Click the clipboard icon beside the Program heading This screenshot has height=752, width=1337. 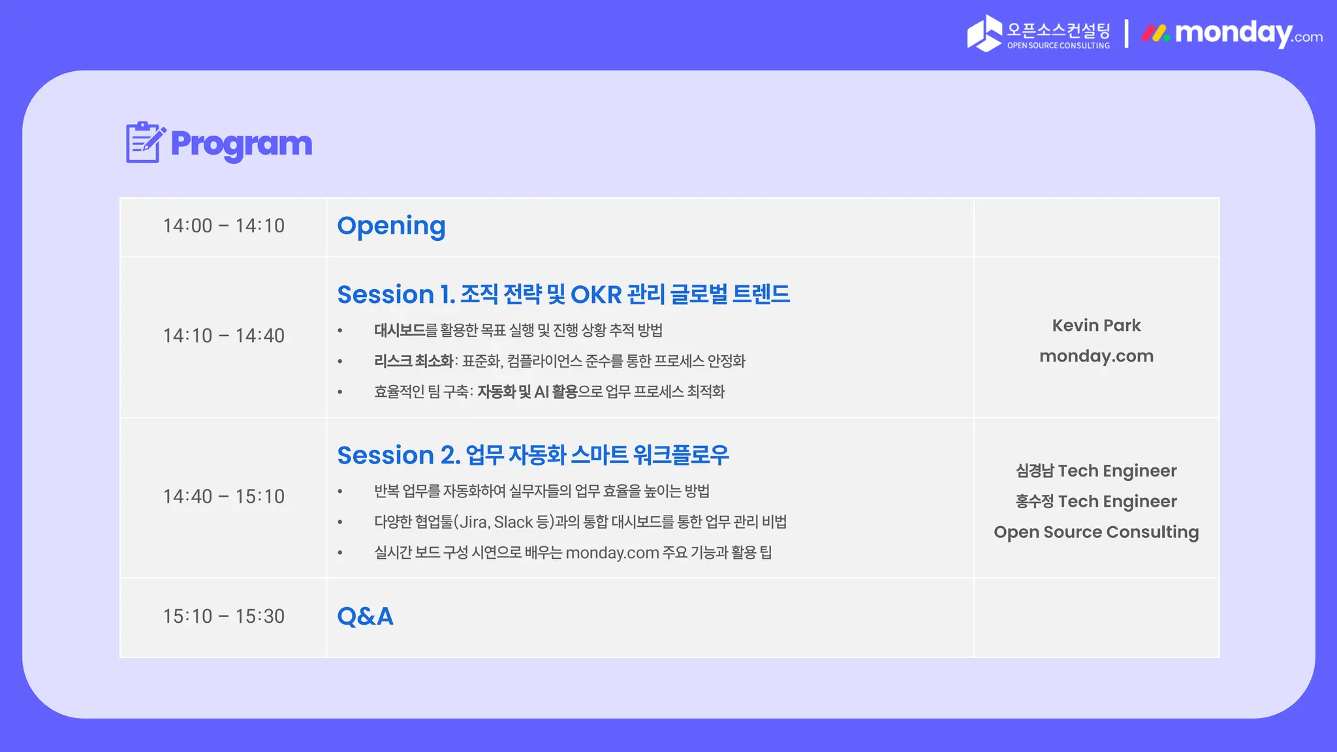[x=144, y=142]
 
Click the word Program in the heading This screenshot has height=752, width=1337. [x=241, y=144]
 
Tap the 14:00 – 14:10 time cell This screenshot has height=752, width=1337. [x=223, y=226]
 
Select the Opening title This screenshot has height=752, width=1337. [x=391, y=226]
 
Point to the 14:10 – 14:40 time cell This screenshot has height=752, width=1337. [x=223, y=336]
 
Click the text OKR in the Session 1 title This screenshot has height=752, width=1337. [x=595, y=294]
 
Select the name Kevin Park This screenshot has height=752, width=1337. [x=1096, y=325]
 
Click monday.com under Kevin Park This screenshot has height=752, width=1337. [x=1096, y=356]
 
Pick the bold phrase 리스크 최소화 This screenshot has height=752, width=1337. [x=413, y=361]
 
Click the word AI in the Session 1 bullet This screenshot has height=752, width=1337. [x=541, y=392]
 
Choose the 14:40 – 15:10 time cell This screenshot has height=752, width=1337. [x=223, y=496]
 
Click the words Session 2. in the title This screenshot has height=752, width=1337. [x=398, y=455]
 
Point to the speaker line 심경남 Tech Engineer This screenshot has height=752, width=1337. [x=1096, y=471]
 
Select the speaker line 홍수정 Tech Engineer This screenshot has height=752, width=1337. [x=1096, y=501]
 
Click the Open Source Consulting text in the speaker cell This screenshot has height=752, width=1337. [x=1096, y=532]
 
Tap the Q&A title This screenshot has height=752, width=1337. [x=365, y=616]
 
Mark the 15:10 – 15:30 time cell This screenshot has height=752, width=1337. [x=223, y=616]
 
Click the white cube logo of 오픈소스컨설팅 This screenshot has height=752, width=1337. [x=984, y=33]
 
